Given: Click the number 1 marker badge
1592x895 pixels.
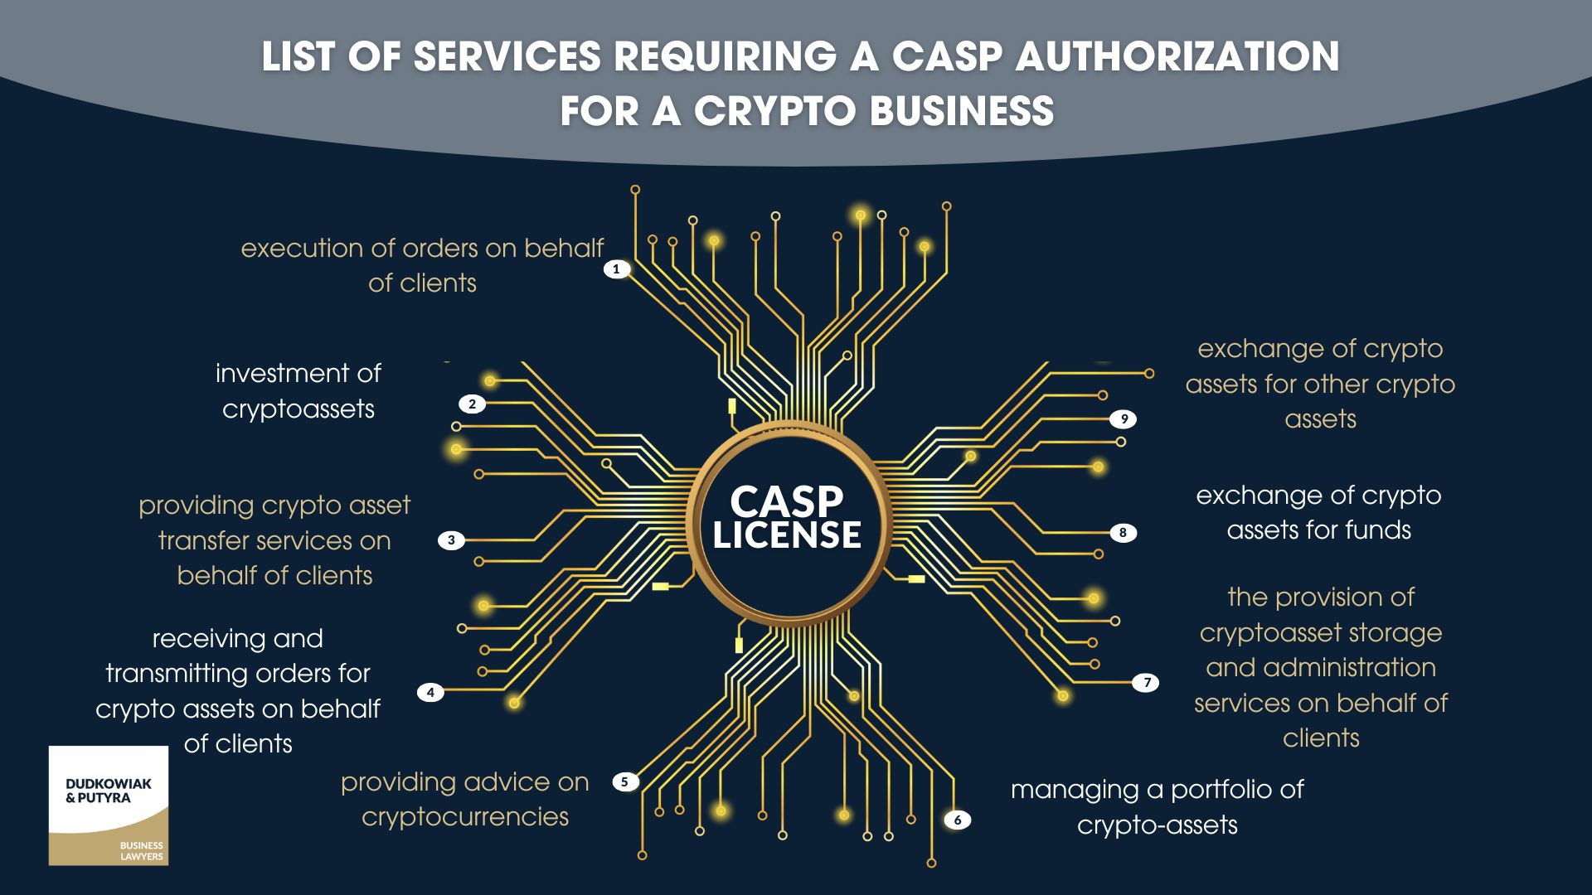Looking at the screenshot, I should click(616, 269).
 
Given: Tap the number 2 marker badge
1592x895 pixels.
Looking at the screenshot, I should click(472, 404).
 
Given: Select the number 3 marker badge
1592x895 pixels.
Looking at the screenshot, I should click(451, 540).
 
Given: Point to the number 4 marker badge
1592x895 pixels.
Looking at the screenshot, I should click(430, 692).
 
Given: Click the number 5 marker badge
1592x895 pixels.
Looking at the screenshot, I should click(625, 781).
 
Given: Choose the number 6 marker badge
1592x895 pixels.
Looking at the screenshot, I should click(957, 820).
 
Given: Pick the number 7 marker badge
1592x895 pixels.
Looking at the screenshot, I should click(1146, 683).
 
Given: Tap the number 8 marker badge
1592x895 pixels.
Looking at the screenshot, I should click(1123, 533).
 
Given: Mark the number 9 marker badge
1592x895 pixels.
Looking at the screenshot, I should click(1124, 419).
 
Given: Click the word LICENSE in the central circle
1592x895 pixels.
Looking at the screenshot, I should click(787, 535).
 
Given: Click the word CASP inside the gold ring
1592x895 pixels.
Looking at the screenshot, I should click(787, 501).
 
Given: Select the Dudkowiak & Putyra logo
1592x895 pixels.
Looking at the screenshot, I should click(109, 805).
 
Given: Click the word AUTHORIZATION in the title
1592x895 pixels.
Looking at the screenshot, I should click(1177, 57).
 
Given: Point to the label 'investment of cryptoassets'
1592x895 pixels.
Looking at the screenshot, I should click(298, 391).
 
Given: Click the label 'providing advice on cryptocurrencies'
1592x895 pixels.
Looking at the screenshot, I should click(465, 799).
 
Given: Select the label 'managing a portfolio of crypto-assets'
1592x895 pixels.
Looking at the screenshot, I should click(1157, 807).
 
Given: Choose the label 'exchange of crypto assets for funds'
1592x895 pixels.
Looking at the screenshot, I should click(1318, 512).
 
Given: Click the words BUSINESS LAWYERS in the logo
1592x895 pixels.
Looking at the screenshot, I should click(142, 851).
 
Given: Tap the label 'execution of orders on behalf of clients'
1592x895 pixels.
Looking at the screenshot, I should click(422, 265).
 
